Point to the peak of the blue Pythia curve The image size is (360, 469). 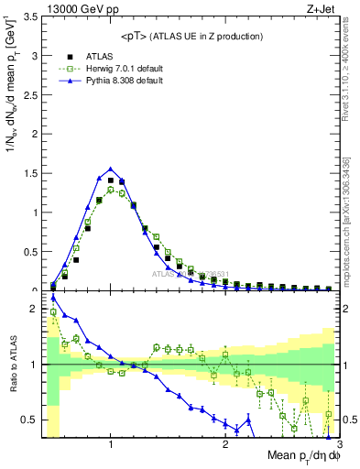(x=111, y=169)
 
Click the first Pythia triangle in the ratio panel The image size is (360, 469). (x=53, y=298)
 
